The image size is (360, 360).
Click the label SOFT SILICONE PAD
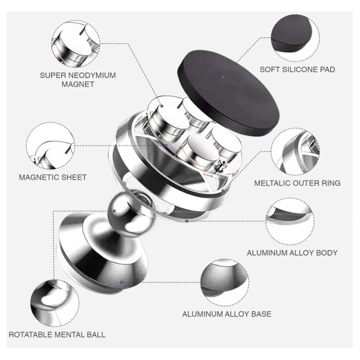click(297, 69)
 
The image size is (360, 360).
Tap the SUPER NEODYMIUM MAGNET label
click(78, 80)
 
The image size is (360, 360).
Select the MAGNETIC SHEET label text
click(53, 177)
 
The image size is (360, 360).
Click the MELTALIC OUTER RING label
click(297, 183)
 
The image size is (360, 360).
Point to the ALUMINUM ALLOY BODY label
click(292, 253)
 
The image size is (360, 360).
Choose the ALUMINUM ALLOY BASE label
click(226, 314)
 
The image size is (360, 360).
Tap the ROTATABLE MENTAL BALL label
click(57, 334)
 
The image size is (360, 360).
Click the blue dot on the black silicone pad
click(223, 77)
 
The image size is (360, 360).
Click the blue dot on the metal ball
click(114, 211)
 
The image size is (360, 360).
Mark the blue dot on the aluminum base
click(121, 282)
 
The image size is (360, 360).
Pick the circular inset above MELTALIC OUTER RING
click(295, 152)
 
